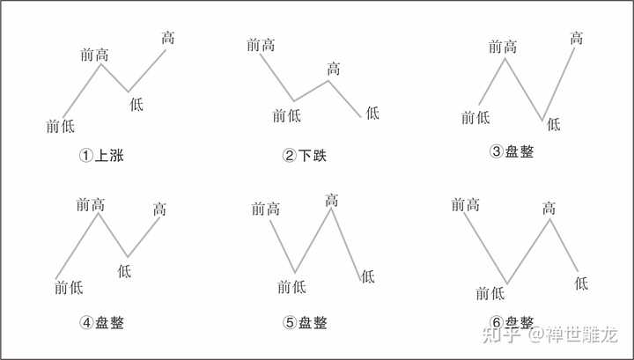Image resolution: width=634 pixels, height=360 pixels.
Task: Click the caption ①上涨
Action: [101, 156]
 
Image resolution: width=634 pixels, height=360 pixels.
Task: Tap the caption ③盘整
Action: [512, 151]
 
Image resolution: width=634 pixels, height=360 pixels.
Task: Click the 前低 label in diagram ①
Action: [60, 126]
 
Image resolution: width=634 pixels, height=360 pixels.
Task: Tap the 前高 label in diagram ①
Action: [94, 55]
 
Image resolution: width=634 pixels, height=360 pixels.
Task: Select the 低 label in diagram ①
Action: [136, 104]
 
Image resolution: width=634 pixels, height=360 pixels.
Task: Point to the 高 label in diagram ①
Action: [167, 38]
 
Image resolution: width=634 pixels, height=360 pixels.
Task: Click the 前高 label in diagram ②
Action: [262, 44]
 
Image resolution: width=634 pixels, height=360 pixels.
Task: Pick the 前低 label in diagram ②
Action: [288, 114]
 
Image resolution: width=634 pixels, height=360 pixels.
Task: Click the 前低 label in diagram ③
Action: [476, 117]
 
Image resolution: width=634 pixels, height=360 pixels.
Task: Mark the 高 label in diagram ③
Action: [576, 39]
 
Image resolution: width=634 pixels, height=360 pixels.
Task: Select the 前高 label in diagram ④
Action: [91, 205]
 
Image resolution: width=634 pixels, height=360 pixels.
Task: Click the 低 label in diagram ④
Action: [124, 270]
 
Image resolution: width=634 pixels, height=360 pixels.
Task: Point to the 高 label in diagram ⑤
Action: [331, 201]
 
